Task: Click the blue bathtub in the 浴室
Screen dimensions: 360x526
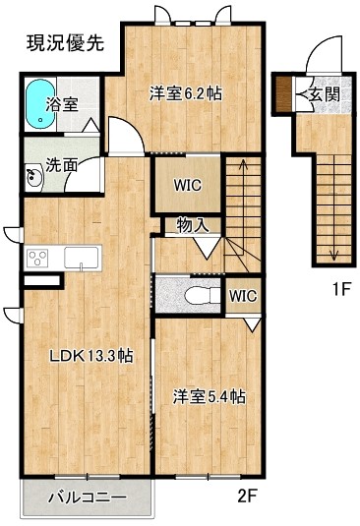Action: pyautogui.click(x=40, y=103)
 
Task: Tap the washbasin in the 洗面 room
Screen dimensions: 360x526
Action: pyautogui.click(x=33, y=177)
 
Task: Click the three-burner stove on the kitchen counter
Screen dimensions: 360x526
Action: pyautogui.click(x=37, y=259)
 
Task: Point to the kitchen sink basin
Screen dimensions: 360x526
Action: pyautogui.click(x=82, y=258)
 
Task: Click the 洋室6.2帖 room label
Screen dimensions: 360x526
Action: pyautogui.click(x=186, y=93)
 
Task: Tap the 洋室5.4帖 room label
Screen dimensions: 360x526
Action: pyautogui.click(x=209, y=397)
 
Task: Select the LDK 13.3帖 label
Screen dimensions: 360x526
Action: pyautogui.click(x=91, y=356)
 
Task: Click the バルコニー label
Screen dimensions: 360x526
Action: pyautogui.click(x=88, y=497)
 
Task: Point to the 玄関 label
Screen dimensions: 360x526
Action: pyautogui.click(x=324, y=94)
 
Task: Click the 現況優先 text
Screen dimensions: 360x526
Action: pyautogui.click(x=66, y=43)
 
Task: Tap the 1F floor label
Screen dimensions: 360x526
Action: pyautogui.click(x=341, y=289)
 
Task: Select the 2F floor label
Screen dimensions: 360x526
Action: pyautogui.click(x=247, y=496)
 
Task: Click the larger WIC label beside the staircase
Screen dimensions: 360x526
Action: pyautogui.click(x=188, y=185)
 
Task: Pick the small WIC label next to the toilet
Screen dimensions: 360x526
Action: pyautogui.click(x=243, y=296)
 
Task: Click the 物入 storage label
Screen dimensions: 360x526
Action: pyautogui.click(x=193, y=225)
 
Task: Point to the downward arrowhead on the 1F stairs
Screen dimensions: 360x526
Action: pyautogui.click(x=333, y=257)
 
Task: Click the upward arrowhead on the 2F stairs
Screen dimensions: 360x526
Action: pyautogui.click(x=244, y=163)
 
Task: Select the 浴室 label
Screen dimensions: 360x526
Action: pyautogui.click(x=62, y=104)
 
